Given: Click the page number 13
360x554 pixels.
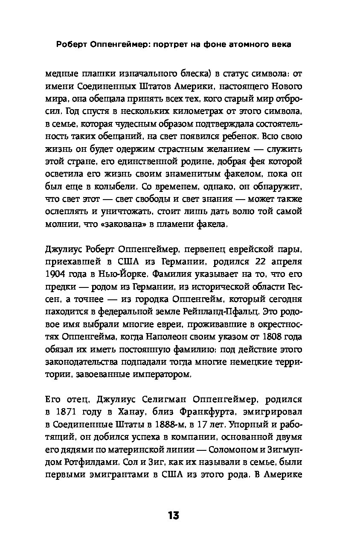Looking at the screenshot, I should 173,516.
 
